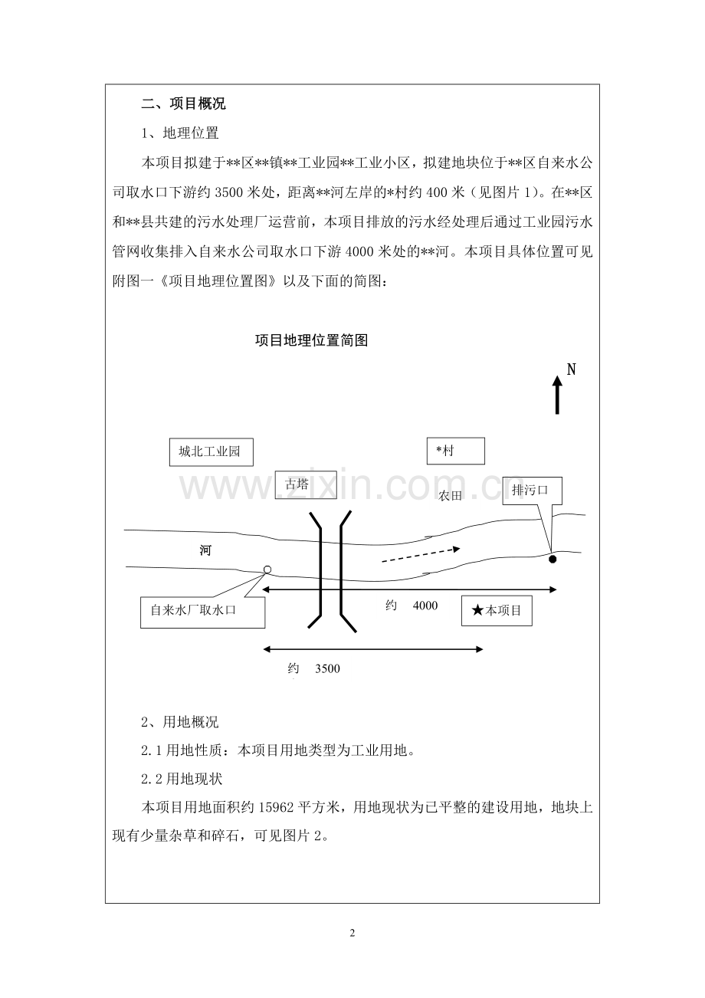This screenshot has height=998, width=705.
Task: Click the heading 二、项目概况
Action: click(x=184, y=104)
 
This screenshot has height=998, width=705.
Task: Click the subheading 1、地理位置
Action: click(x=181, y=133)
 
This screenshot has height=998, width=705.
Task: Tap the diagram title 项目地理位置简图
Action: click(x=312, y=340)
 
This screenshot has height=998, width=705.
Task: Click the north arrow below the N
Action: click(x=557, y=395)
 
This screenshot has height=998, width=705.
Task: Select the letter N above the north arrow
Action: click(x=571, y=369)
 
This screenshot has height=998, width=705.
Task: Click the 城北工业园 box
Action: click(x=210, y=452)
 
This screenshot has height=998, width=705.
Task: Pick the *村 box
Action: click(x=455, y=451)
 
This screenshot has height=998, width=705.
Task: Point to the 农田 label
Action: click(x=451, y=497)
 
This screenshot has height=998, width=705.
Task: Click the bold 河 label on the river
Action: click(x=205, y=550)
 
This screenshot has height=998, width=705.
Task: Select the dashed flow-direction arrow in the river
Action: click(x=421, y=554)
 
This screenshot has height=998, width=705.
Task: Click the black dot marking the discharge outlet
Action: click(x=553, y=560)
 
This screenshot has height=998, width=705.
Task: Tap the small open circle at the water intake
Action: click(x=267, y=569)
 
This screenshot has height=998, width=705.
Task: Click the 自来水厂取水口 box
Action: click(x=202, y=612)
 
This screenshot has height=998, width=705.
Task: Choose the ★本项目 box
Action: click(x=497, y=611)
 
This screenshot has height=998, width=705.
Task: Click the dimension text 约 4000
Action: click(x=412, y=606)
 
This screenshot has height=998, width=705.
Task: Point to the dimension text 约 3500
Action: click(x=314, y=668)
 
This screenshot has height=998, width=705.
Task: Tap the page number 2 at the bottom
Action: click(x=352, y=933)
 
